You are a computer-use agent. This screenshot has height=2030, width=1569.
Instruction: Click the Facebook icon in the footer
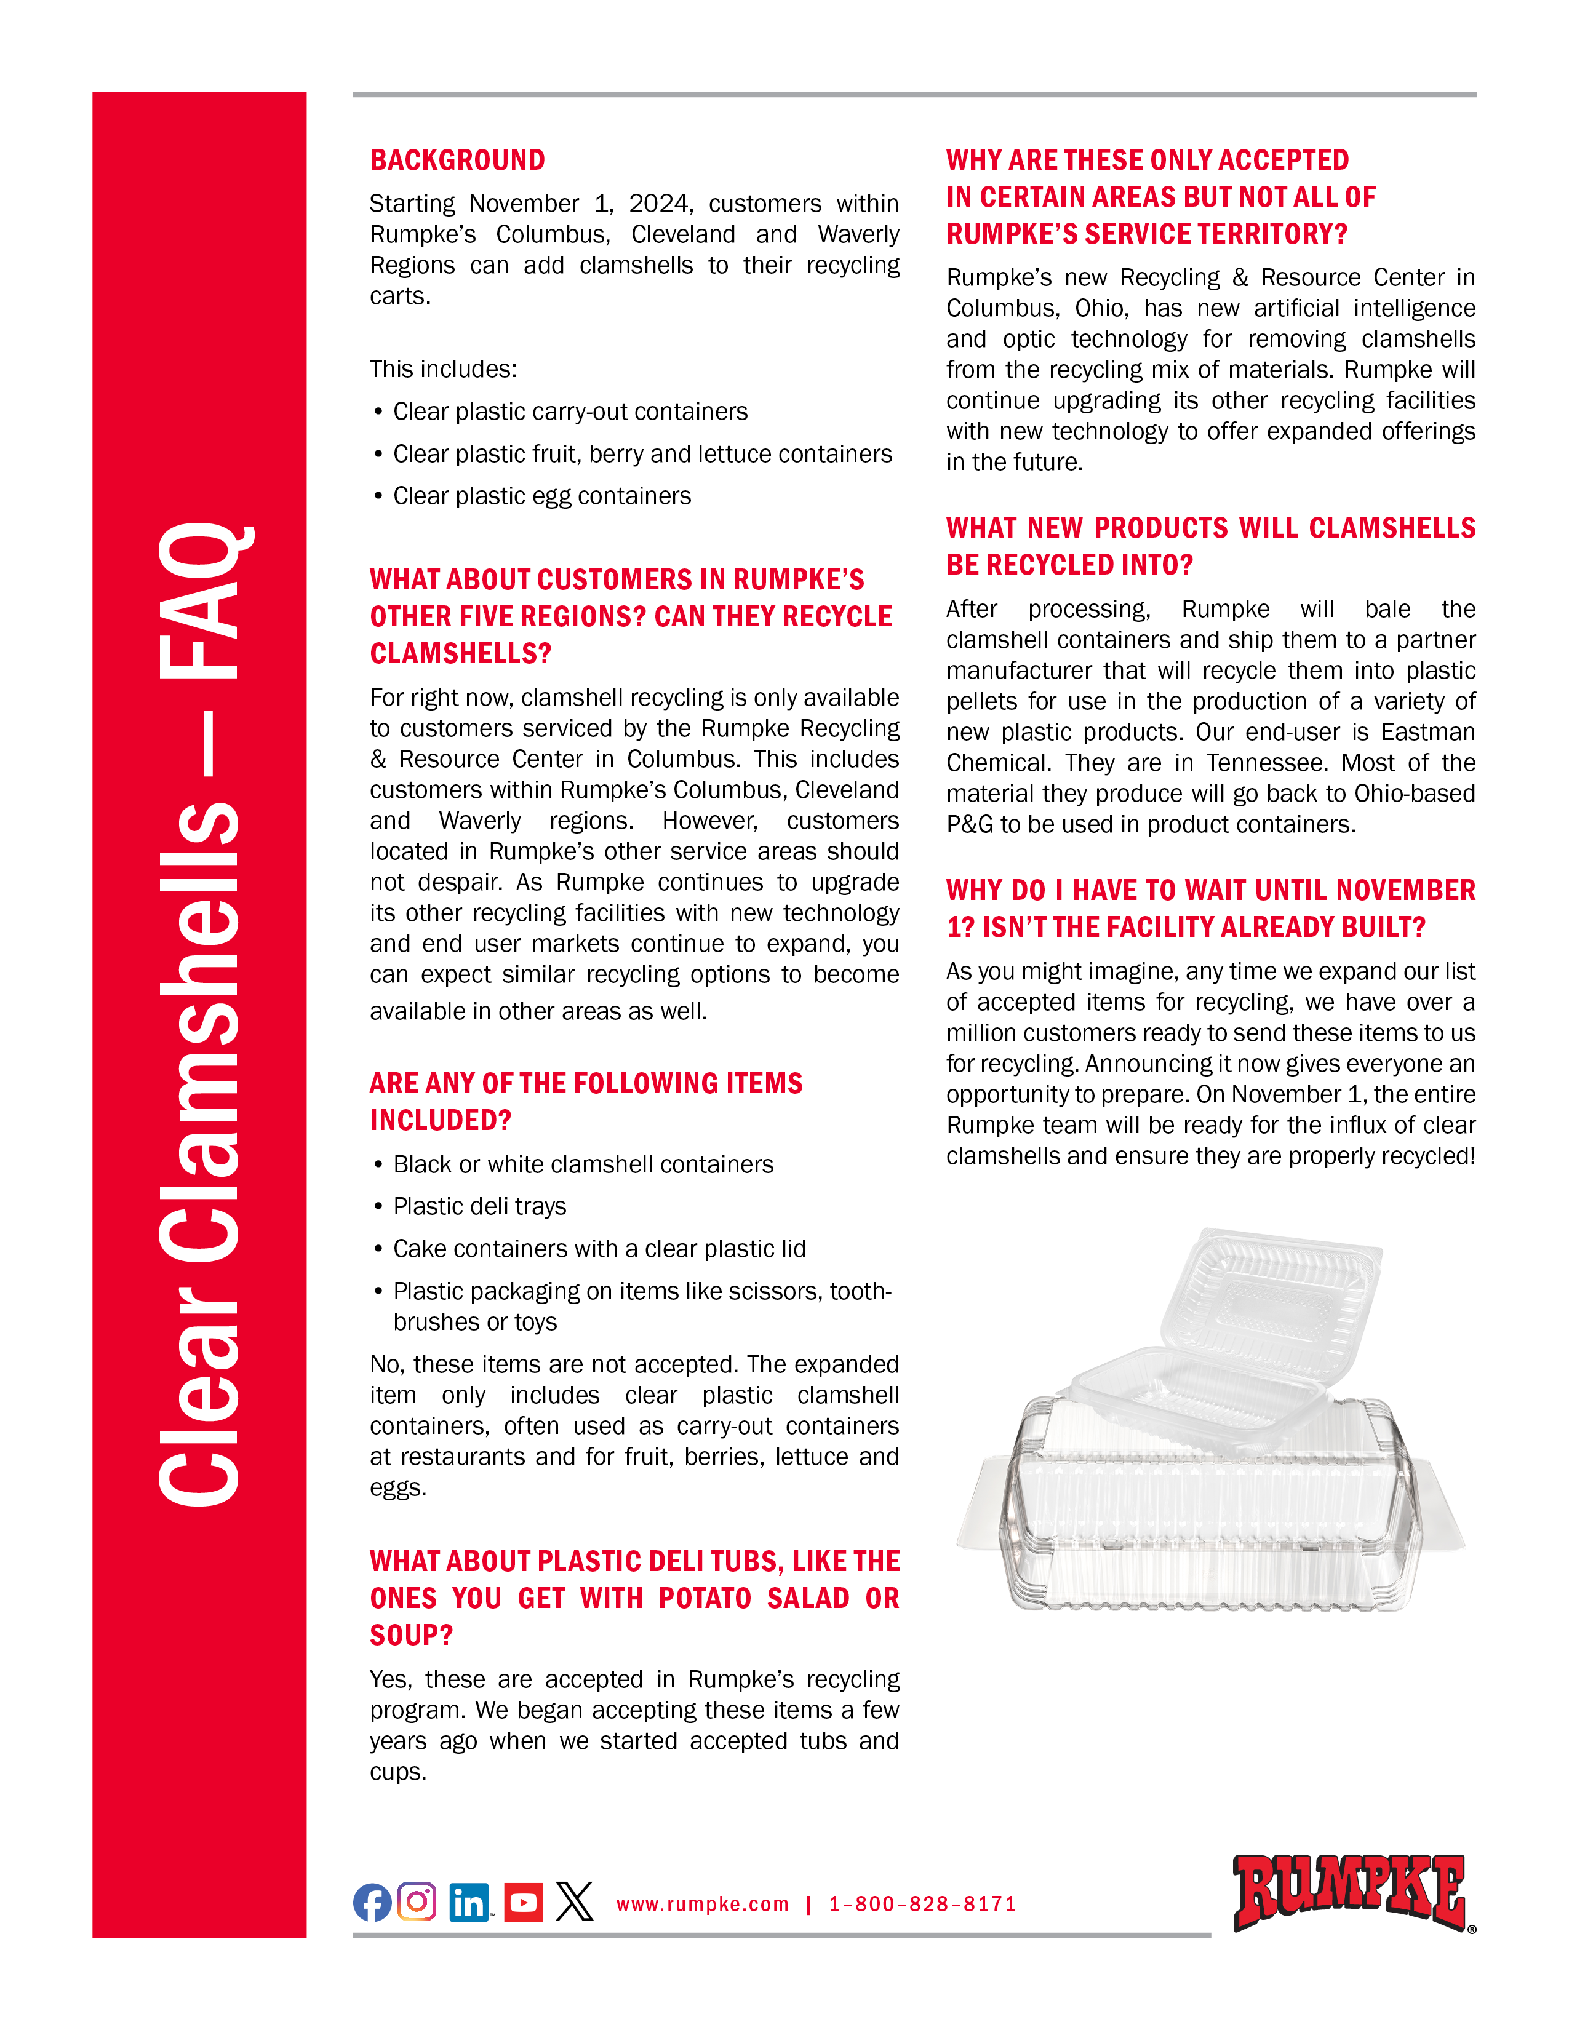[x=372, y=1903]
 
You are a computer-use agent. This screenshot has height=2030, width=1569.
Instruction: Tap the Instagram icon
[x=417, y=1901]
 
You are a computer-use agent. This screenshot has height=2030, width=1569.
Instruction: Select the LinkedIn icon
[x=469, y=1903]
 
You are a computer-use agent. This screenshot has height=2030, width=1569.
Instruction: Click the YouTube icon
[x=524, y=1903]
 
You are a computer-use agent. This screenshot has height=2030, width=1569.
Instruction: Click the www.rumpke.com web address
[x=702, y=1905]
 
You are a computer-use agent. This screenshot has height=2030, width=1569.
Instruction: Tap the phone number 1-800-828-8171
[x=922, y=1905]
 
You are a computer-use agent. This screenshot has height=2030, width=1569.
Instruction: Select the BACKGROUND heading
[x=457, y=160]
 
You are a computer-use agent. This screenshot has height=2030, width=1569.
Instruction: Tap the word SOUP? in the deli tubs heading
[x=411, y=1635]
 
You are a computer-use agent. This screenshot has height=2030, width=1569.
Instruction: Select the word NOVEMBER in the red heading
[x=1405, y=891]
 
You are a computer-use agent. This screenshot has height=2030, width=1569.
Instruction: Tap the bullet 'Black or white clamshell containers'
[x=583, y=1164]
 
